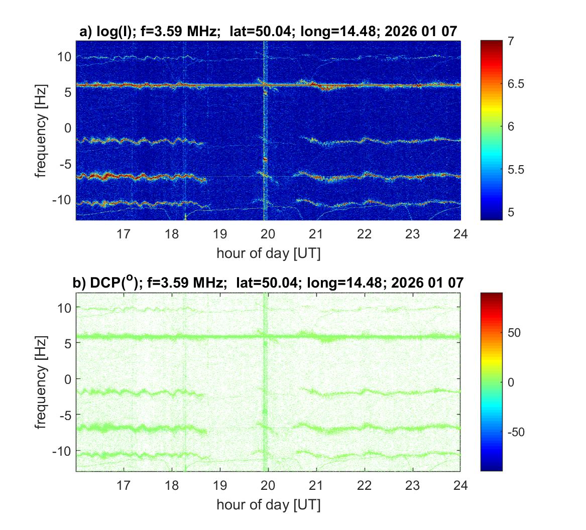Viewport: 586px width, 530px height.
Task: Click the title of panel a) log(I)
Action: [268, 32]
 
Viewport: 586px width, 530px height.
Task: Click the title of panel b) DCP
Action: [268, 283]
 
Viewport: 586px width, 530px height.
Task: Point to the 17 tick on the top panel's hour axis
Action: [124, 233]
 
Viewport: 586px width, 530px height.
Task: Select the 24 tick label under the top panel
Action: [460, 233]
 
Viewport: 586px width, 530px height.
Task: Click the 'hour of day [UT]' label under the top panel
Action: [268, 253]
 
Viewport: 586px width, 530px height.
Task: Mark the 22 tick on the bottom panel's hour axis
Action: [364, 485]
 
